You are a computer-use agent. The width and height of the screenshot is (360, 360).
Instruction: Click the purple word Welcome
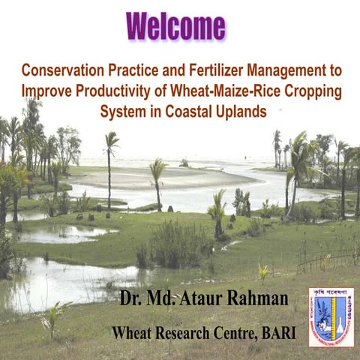point(176,27)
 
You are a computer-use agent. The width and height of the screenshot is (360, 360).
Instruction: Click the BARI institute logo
point(331,316)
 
